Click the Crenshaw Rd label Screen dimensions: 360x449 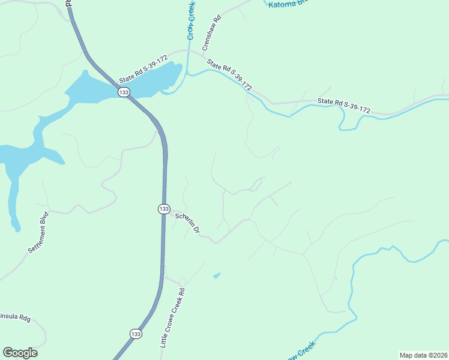tap(212, 32)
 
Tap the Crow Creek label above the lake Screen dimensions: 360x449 tap(191, 20)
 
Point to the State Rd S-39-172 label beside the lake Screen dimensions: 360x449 tap(143, 70)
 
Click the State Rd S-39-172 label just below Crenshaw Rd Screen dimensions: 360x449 tap(229, 74)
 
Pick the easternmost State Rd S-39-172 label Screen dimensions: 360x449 tap(344, 106)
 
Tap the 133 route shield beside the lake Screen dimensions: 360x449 tap(124, 92)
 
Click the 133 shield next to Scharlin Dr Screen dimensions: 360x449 tap(164, 208)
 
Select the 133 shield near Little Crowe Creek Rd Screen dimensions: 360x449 tap(136, 334)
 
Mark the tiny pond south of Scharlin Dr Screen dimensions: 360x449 tap(217, 275)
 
